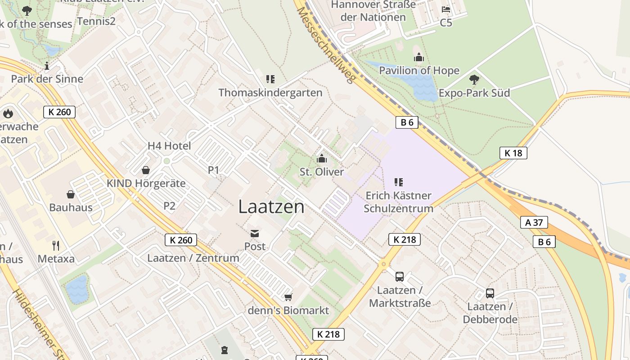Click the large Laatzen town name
(x=271, y=207)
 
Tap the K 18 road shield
(x=513, y=153)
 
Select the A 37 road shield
(x=534, y=222)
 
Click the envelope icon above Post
(x=255, y=234)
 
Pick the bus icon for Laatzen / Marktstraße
(x=399, y=276)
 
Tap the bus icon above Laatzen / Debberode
(x=490, y=293)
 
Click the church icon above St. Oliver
(x=321, y=158)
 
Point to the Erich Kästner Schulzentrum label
(x=398, y=202)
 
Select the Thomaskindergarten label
(x=270, y=93)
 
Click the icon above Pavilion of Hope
(x=419, y=57)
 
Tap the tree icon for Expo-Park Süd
(x=474, y=80)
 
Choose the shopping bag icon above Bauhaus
(x=71, y=194)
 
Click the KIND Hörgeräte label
(x=146, y=184)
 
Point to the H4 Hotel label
(x=169, y=146)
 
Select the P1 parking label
(x=213, y=170)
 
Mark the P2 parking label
(x=169, y=206)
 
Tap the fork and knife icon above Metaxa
(x=56, y=245)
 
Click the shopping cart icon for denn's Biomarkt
(x=288, y=297)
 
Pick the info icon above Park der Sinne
(x=47, y=66)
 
